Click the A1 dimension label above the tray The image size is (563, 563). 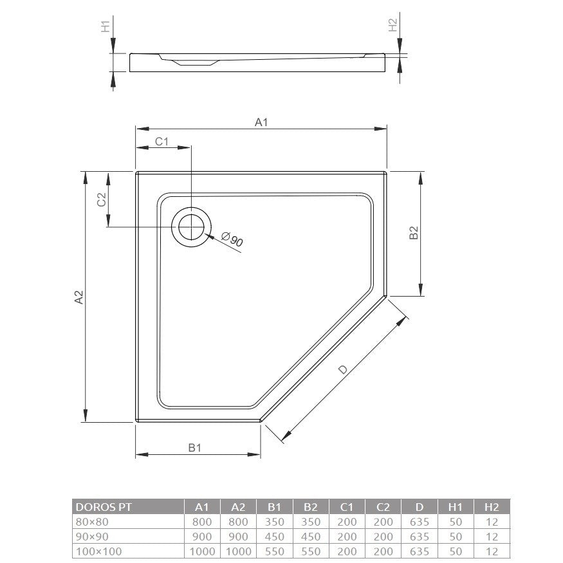(x=261, y=122)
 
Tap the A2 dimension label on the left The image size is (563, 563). (x=78, y=297)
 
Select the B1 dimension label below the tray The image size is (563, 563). (x=194, y=447)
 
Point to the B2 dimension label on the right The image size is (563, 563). (x=414, y=233)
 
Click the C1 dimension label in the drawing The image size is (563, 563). (x=162, y=142)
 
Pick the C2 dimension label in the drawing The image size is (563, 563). (x=102, y=199)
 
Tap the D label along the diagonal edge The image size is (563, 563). (x=343, y=369)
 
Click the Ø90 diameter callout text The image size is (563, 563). (x=232, y=239)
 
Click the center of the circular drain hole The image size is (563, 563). (x=191, y=227)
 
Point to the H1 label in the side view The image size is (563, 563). (x=106, y=26)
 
